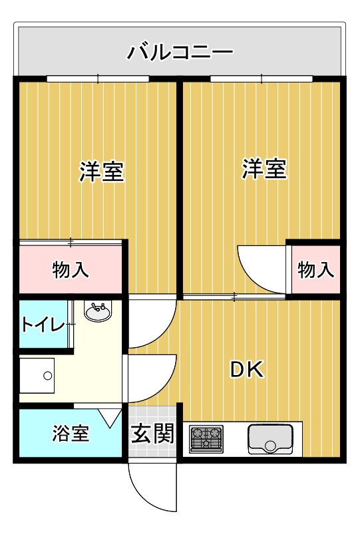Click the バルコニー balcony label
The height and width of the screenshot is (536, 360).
180,53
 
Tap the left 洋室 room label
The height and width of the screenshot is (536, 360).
102,171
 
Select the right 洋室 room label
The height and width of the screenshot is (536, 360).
264,168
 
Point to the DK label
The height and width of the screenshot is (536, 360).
247,370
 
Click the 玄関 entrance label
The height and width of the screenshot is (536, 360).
152,434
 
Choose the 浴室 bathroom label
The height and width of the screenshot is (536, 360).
71,433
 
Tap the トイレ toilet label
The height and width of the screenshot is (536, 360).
43,324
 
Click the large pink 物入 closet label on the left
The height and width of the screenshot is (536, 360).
71,269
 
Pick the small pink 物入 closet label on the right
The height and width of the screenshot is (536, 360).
315,269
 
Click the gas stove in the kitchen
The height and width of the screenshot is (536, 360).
206,439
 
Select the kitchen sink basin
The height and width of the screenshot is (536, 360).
270,440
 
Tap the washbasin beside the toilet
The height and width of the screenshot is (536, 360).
98,311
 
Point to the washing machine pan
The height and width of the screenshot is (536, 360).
37,375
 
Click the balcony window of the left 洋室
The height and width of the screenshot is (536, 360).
98,79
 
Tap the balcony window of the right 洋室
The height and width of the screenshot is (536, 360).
262,79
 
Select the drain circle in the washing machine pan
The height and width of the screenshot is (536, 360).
47,376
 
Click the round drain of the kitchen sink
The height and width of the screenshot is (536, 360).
270,446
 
